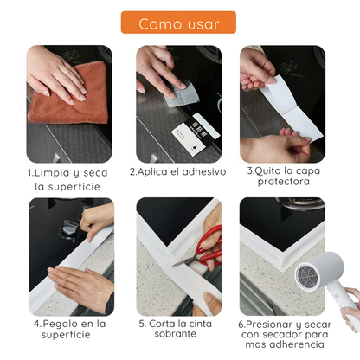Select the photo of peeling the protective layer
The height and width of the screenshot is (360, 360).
click(282, 103)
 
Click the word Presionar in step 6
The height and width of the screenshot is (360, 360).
click(274, 323)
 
